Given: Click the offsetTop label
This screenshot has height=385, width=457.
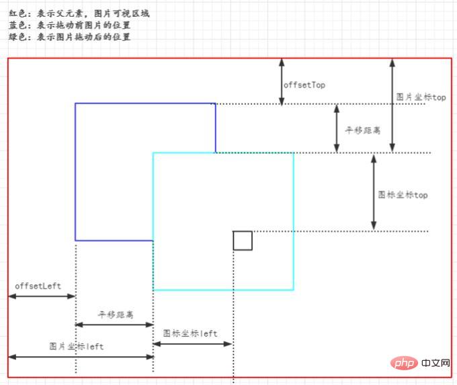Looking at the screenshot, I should tap(304, 85).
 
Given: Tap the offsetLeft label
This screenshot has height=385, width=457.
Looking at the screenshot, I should tap(38, 286).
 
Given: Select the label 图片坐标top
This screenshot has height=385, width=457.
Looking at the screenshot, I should tap(421, 97).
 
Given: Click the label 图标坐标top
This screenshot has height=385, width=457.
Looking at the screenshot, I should tap(403, 195).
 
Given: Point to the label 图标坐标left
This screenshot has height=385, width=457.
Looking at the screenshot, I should tap(190, 333).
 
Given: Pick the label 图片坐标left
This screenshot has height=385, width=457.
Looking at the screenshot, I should tap(77, 346).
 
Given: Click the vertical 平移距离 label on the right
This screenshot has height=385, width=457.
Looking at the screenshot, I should tap(362, 130).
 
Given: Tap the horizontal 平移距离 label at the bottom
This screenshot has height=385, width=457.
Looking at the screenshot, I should tap(116, 314).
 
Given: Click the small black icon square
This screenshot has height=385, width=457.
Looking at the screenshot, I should tap(243, 241).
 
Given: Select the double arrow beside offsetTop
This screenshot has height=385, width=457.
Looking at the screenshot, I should tap(282, 81).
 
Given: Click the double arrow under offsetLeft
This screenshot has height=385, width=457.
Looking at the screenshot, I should tap(42, 296).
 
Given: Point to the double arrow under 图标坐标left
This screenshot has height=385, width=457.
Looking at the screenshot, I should tap(193, 344).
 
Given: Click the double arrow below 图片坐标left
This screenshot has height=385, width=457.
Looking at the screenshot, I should tap(81, 357).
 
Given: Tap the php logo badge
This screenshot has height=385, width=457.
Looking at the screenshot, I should tap(403, 363).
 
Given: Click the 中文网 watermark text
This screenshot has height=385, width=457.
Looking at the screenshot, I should tap(436, 363).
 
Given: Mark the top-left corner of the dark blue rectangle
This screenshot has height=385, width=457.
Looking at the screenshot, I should tap(75, 103).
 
